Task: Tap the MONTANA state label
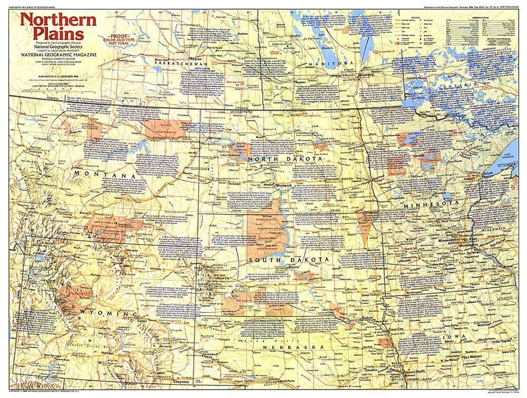pyautogui.click(x=103, y=176)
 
